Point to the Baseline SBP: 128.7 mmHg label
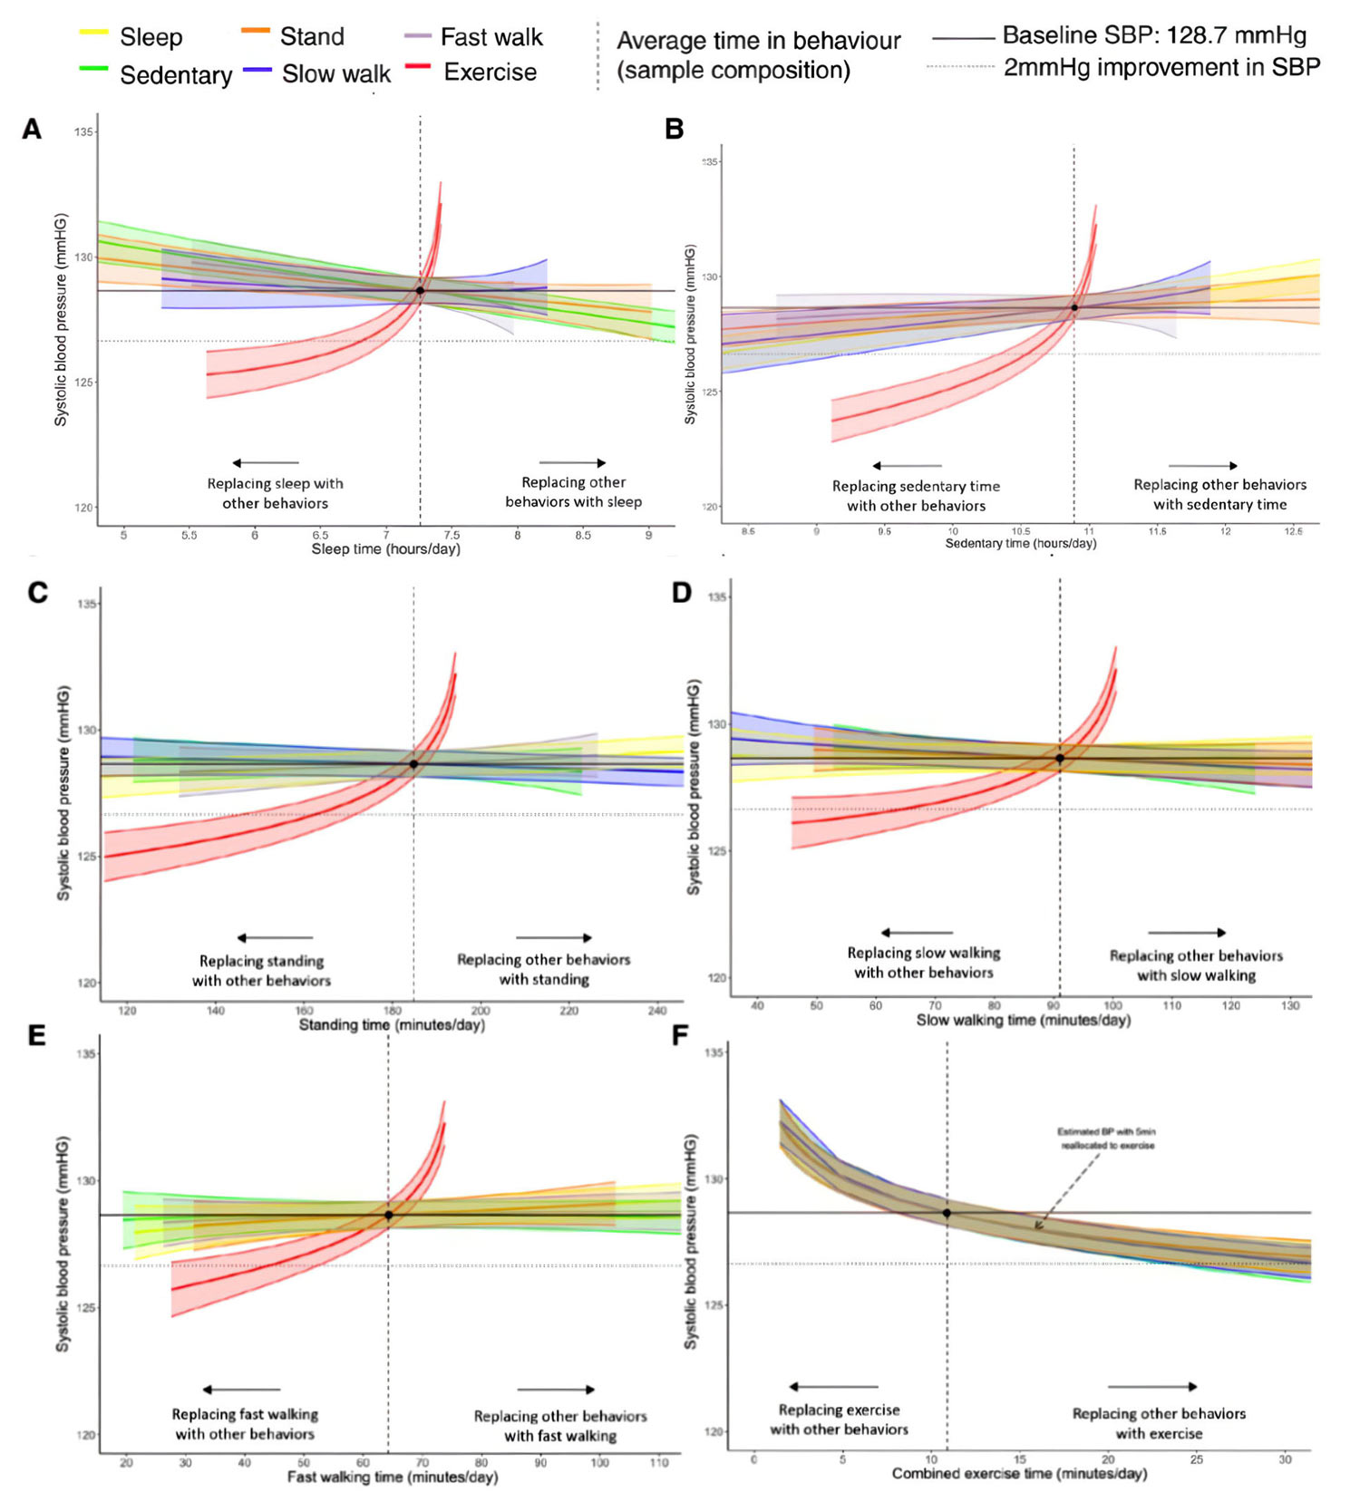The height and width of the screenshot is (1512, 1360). click(x=1154, y=36)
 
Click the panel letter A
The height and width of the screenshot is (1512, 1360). click(x=33, y=131)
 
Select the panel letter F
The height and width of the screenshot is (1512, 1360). click(x=681, y=1035)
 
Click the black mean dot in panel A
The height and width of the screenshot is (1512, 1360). click(x=420, y=290)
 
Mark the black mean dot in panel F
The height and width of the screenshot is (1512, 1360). click(x=947, y=1213)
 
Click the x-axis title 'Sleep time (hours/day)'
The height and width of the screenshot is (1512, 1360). click(x=386, y=549)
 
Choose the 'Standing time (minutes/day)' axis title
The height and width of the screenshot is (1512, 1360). click(x=392, y=1025)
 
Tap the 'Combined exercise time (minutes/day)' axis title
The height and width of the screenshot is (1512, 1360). click(x=1019, y=1474)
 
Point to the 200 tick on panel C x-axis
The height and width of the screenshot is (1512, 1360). click(x=481, y=1010)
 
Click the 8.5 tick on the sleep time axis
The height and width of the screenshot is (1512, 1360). click(x=583, y=535)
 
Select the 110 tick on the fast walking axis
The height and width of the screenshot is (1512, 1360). click(x=659, y=1462)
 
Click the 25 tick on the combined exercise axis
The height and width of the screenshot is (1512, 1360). click(x=1197, y=1459)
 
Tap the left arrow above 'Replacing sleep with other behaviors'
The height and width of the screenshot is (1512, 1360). click(x=265, y=463)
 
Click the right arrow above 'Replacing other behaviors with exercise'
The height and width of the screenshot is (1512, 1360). click(x=1152, y=1387)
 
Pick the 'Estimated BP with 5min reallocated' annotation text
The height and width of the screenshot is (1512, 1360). click(x=1106, y=1139)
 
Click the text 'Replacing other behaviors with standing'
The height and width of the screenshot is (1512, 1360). click(x=543, y=970)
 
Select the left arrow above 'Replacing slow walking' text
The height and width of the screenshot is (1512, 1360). click(x=917, y=933)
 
